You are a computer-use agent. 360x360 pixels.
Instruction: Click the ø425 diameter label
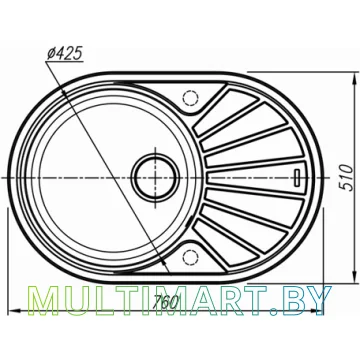tap(64, 53)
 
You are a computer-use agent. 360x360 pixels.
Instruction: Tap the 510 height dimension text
tap(348, 177)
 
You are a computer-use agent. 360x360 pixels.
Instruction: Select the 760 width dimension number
tap(165, 302)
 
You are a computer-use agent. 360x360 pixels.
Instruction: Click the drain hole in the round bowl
tap(156, 177)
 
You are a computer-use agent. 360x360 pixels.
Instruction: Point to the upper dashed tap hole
tap(191, 98)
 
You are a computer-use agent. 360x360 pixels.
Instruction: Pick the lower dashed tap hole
tap(191, 257)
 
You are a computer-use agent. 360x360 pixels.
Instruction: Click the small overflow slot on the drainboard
tap(297, 177)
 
